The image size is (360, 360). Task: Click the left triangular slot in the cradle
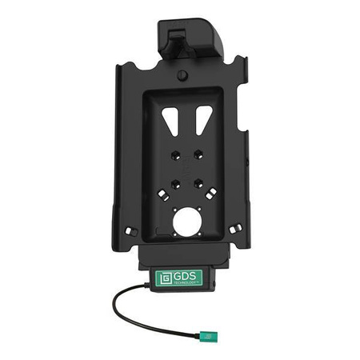171,121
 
